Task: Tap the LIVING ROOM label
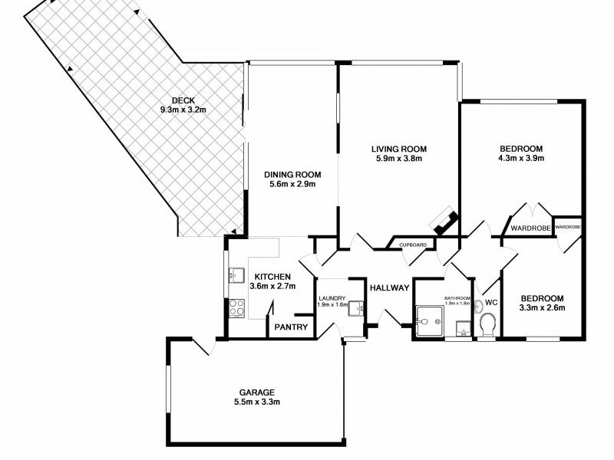coord(398,149)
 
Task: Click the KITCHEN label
coord(272,277)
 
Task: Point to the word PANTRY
coord(292,328)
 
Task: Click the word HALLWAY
coord(389,288)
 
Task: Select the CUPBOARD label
coord(413,245)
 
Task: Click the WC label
coord(491,303)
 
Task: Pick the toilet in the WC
coord(487,324)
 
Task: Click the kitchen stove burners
coord(236,309)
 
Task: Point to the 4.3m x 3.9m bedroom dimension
coord(522,159)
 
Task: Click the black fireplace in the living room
coord(444,222)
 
